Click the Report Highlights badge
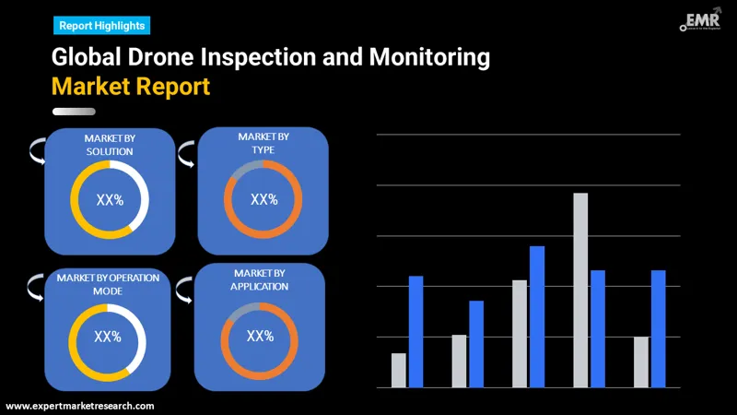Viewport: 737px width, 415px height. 101,26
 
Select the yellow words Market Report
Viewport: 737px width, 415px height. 131,88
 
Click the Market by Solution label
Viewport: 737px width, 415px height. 110,145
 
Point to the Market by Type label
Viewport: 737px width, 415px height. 263,143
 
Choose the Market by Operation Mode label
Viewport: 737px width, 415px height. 108,283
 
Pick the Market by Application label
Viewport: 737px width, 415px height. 261,279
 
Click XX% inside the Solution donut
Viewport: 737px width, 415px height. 110,200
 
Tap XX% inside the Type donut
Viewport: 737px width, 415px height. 263,199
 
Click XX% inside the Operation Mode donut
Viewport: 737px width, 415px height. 108,338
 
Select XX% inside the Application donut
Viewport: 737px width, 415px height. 261,336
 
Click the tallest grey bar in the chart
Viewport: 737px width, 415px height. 580,290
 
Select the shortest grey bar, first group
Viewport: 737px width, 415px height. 398,370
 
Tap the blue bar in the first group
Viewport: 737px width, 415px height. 415,331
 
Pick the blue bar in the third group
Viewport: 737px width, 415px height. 537,316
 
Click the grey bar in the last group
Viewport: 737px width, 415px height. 641,362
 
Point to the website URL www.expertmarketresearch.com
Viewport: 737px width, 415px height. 80,406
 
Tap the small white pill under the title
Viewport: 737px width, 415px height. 74,113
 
